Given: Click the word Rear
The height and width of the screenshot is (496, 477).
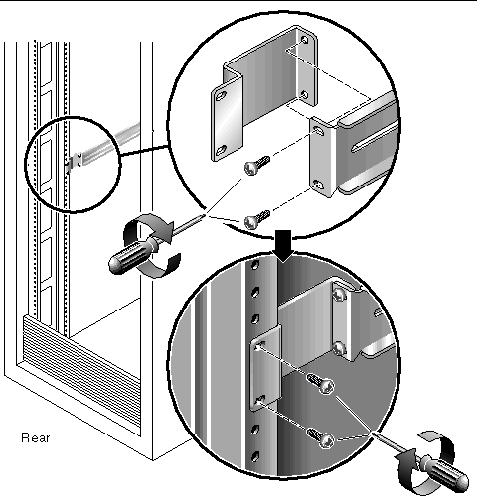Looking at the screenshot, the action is [35, 437].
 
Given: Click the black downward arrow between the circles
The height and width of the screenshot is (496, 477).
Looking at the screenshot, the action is [283, 246].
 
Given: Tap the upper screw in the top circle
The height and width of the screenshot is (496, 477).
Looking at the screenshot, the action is [256, 165].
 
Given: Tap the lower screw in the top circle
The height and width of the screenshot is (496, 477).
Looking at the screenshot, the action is [256, 219].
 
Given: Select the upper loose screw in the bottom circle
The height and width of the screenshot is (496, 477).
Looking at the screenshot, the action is [321, 383].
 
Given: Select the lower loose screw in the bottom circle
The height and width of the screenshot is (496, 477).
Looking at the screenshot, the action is [321, 437].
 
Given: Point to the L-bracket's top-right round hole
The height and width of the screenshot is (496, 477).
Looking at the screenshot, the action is [304, 40].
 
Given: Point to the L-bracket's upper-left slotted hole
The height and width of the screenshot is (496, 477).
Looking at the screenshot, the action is [221, 96].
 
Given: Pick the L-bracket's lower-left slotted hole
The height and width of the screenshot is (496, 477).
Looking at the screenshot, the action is [221, 150].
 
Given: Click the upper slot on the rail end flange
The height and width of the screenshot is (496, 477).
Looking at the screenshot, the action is [318, 130].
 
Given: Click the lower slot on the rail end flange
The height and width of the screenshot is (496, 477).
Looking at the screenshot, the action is [318, 185].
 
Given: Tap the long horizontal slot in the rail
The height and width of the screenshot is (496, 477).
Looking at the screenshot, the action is [375, 137].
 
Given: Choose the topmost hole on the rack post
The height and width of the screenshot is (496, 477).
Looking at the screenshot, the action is [254, 265].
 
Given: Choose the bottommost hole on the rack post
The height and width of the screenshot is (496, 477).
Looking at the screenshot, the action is [254, 457].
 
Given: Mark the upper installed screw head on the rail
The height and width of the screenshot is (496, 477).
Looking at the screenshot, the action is [339, 294].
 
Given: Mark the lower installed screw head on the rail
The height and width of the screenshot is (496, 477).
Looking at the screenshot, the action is [339, 348].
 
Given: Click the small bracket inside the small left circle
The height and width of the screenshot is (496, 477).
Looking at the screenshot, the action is [74, 162].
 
